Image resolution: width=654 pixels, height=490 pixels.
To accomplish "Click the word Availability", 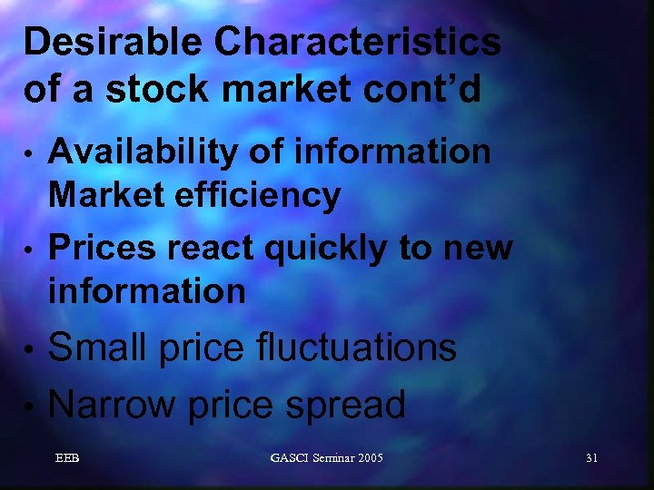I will [136, 153].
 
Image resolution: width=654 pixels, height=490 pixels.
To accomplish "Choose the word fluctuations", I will [355, 348].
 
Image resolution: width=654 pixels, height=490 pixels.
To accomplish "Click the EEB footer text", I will [67, 458].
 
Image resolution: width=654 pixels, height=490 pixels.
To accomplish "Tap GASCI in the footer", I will [291, 458].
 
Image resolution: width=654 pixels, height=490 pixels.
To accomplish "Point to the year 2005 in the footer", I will [369, 458].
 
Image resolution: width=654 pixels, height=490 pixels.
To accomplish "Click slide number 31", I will [591, 458].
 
